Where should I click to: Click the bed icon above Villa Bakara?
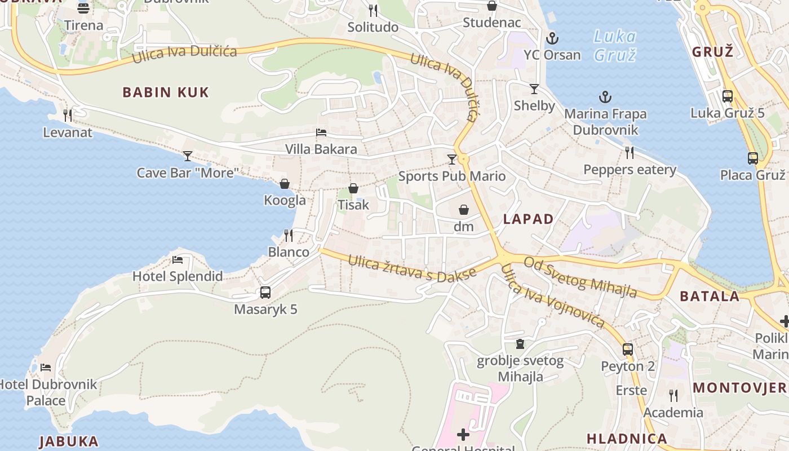[321, 132]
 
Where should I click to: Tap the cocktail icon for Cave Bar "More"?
[188, 156]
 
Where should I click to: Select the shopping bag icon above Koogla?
[285, 184]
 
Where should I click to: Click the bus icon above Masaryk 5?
[265, 293]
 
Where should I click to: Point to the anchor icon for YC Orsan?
[552, 38]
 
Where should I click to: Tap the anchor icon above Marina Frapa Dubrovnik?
[605, 97]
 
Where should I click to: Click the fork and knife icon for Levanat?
[68, 116]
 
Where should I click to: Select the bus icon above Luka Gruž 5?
[728, 96]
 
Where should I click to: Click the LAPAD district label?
[528, 219]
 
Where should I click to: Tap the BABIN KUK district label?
[166, 92]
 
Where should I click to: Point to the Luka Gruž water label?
[615, 46]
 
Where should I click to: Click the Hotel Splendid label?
[178, 276]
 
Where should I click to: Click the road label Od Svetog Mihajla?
[580, 277]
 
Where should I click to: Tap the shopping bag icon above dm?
[464, 210]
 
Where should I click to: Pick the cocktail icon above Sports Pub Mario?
[451, 159]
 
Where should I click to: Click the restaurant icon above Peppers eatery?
[630, 152]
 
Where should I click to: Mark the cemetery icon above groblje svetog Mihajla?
[520, 344]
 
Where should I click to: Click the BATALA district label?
[710, 296]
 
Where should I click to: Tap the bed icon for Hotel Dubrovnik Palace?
[46, 368]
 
